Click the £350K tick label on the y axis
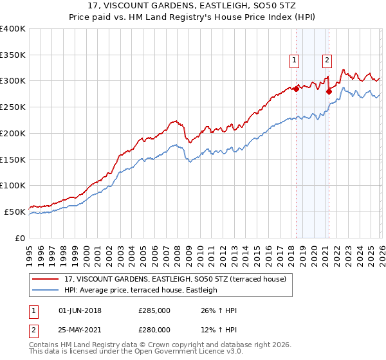tap(13, 55)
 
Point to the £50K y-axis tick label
tap(15, 212)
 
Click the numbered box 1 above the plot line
tap(294, 60)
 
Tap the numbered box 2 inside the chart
tap(327, 60)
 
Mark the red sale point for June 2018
tap(296, 89)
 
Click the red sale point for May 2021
tap(329, 92)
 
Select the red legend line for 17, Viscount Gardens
tap(46, 278)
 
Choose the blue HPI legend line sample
tap(46, 290)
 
